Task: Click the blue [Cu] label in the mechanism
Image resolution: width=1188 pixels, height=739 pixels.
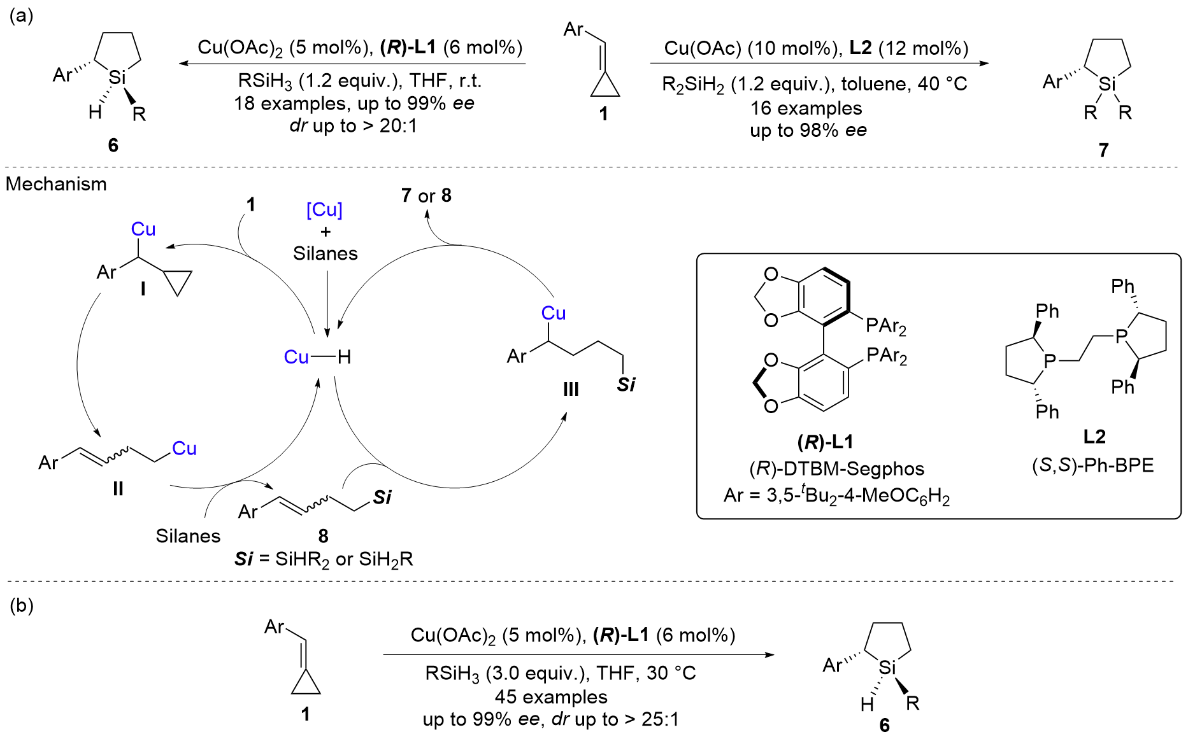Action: [324, 209]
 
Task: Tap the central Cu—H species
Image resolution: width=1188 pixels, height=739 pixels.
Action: [317, 357]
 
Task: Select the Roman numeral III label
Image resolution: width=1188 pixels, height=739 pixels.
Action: [571, 389]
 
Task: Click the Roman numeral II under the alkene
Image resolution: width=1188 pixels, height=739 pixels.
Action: [118, 488]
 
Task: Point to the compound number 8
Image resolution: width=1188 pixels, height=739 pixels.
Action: [323, 536]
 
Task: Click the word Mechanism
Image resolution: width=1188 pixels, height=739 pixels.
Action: [56, 184]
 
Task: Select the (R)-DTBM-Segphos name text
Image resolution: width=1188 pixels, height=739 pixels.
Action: [836, 468]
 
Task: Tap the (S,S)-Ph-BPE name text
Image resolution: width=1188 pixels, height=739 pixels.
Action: [1092, 465]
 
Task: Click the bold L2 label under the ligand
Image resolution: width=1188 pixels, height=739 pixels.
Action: [1094, 437]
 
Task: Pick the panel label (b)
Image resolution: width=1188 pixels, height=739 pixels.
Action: [21, 605]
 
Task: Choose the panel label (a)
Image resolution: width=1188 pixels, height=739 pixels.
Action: [21, 15]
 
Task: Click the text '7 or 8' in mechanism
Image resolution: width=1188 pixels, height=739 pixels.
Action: [426, 195]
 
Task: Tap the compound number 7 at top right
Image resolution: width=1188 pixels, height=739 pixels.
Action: [1103, 150]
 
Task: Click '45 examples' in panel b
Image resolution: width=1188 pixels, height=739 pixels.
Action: [551, 696]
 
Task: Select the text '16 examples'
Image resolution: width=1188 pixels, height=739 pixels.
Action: [806, 108]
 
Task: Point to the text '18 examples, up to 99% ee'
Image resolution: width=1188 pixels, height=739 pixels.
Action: [354, 103]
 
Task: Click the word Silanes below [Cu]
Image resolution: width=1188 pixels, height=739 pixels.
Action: [325, 253]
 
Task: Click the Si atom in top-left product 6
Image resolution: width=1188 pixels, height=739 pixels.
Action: [117, 78]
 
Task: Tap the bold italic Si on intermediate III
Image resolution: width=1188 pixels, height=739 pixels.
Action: [626, 384]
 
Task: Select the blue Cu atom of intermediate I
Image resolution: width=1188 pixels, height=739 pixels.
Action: [143, 229]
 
